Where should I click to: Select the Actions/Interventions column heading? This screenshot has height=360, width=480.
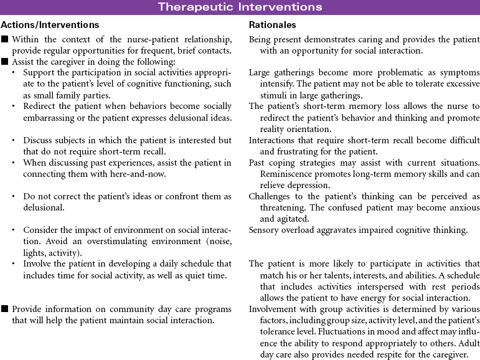tap(50, 25)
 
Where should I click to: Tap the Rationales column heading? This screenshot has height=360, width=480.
tap(273, 25)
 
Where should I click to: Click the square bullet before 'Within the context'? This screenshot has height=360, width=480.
tap(5, 39)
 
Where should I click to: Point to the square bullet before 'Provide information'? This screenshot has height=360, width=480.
tap(5, 310)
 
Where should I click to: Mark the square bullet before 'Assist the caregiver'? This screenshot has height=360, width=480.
tap(5, 62)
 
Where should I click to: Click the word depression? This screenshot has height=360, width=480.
tap(304, 184)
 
